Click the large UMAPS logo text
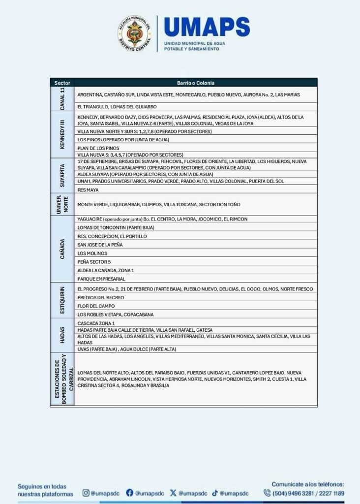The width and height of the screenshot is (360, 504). click(207, 28)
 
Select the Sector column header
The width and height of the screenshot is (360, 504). click(62, 83)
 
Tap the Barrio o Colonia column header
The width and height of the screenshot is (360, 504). click(196, 83)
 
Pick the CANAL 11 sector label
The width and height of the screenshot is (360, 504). click(62, 99)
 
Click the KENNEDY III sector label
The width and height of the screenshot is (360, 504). click(62, 134)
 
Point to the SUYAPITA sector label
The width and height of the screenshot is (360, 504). click(62, 175)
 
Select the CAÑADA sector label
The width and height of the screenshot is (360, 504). click(62, 249)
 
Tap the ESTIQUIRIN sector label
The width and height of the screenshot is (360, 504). click(62, 301)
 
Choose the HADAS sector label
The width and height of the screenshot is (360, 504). click(62, 335)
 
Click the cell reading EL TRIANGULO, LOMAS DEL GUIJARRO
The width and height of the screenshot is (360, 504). click(117, 106)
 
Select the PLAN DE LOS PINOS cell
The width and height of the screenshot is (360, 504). click(98, 148)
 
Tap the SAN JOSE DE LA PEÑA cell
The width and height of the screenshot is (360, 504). click(100, 245)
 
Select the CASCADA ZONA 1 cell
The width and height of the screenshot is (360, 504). click(96, 323)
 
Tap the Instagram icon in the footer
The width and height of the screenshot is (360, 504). click(86, 493)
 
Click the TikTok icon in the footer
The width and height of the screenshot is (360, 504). click(215, 493)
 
